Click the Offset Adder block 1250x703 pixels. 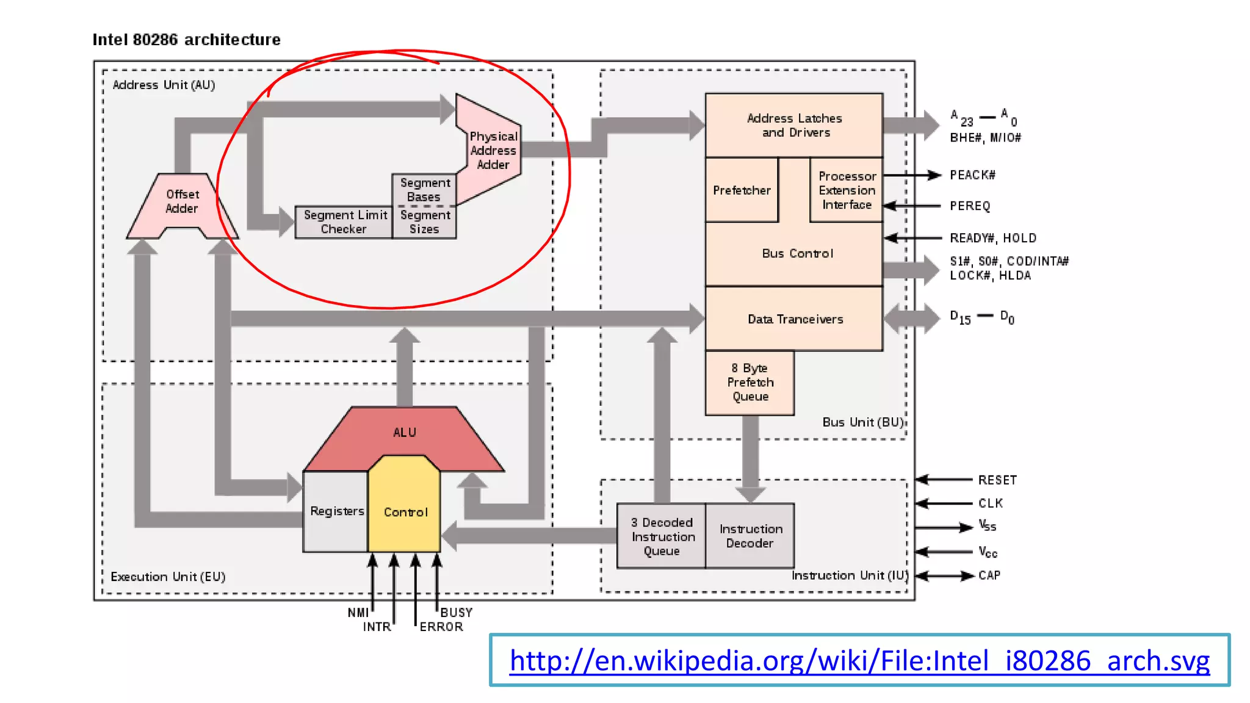(182, 202)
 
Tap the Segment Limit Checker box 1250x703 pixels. (344, 222)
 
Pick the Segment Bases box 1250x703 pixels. (424, 190)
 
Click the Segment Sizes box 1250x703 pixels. (424, 222)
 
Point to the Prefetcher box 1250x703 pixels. (742, 190)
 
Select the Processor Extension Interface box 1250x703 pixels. (847, 190)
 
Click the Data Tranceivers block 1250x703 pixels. (795, 319)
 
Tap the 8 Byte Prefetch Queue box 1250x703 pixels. (750, 383)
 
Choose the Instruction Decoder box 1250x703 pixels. (750, 536)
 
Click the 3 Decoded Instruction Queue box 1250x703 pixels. (662, 536)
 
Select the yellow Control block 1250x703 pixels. (405, 511)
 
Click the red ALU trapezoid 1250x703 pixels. (404, 432)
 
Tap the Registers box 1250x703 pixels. (336, 511)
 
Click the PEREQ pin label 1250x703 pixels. (969, 206)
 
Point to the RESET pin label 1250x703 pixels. (997, 480)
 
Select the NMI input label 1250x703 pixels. (358, 613)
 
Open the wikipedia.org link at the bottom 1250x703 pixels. (859, 661)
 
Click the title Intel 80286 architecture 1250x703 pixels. (187, 40)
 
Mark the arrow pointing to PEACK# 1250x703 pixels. (912, 176)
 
